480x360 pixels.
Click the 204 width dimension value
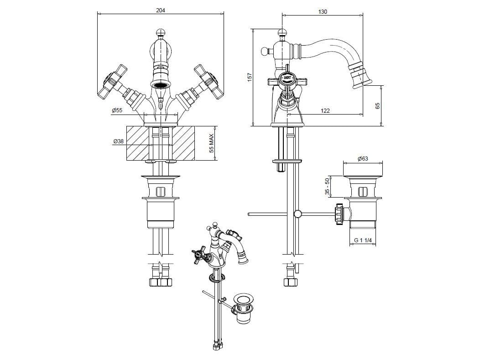click(x=161, y=10)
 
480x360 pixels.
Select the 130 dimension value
click(x=322, y=12)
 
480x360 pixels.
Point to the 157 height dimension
click(x=250, y=77)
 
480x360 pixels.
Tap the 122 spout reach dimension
click(x=325, y=111)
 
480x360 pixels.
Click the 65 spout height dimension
click(x=377, y=106)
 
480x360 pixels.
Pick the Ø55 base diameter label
click(x=117, y=110)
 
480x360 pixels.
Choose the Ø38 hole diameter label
click(x=119, y=141)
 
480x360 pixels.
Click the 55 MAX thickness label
click(x=211, y=144)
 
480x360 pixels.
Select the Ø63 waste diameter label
click(x=363, y=159)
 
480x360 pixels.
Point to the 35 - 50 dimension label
click(x=327, y=187)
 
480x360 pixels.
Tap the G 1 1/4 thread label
click(x=363, y=240)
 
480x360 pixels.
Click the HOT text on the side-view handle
click(x=287, y=78)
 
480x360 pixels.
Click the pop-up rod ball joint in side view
click(x=297, y=214)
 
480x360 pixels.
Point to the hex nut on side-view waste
click(x=339, y=214)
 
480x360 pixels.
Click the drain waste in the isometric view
click(x=243, y=307)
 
